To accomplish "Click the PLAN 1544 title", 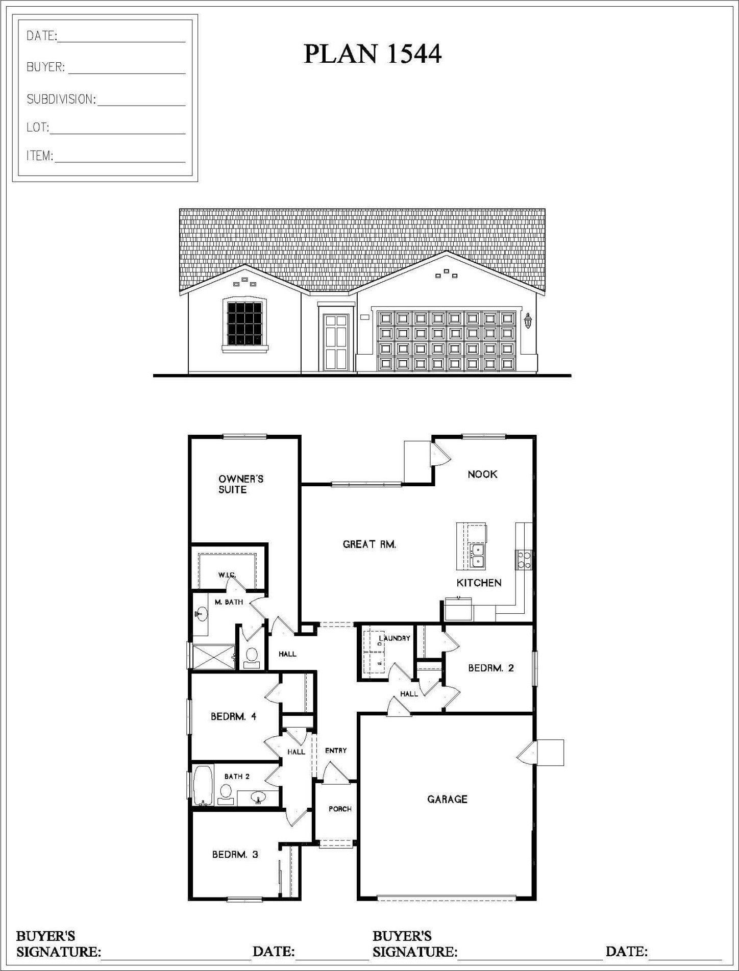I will [372, 54].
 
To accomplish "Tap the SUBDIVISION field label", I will [61, 99].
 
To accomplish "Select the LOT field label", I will [38, 128].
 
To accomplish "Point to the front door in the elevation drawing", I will [336, 343].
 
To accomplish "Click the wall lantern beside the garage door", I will [528, 321].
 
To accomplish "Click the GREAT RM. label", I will [369, 544].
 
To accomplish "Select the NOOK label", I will [482, 474].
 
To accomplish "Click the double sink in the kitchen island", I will [478, 556].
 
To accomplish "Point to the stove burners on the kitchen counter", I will [524, 560].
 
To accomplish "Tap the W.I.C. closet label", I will [227, 575].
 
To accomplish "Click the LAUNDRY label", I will [395, 638].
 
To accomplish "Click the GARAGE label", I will [447, 799].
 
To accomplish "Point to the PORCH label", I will [340, 809].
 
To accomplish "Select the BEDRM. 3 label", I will [235, 854].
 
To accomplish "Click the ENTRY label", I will [336, 750].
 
